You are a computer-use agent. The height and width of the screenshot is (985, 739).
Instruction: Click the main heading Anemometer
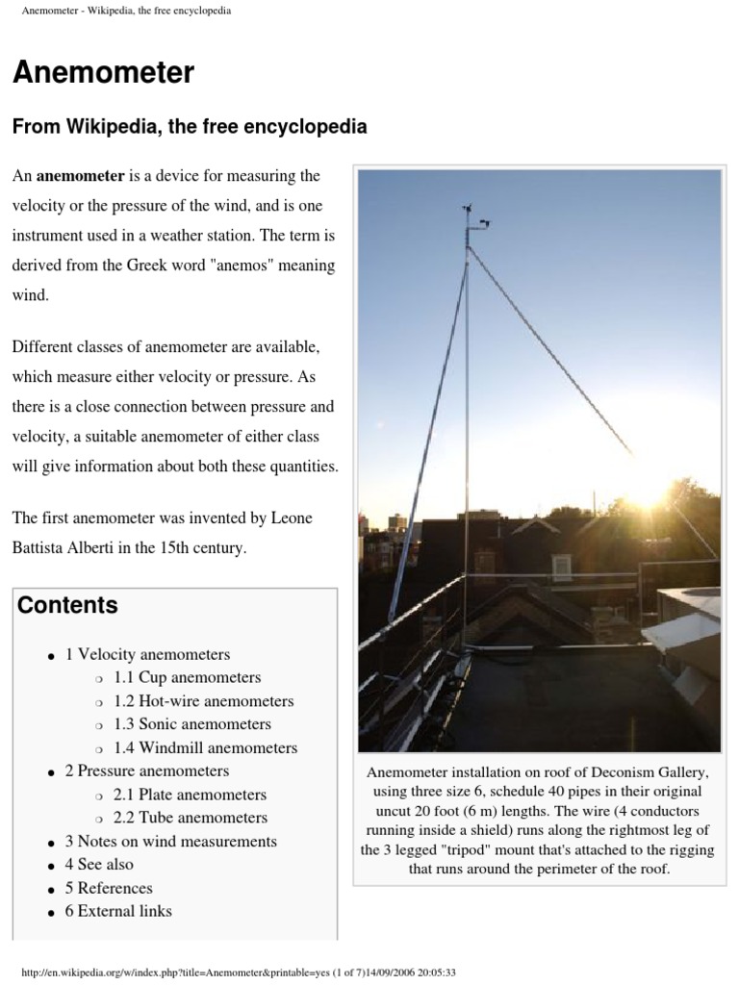(103, 73)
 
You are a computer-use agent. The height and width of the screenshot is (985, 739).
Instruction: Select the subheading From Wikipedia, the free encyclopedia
(189, 127)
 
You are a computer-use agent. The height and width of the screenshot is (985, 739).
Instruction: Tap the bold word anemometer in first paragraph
(81, 176)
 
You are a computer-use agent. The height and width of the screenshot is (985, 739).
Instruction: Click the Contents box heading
(67, 605)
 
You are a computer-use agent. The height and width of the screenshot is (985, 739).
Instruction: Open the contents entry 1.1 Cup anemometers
(187, 677)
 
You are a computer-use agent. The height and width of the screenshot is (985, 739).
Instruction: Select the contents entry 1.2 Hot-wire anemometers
(203, 701)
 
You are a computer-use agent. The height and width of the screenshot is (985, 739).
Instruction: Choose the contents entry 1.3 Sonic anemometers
(191, 724)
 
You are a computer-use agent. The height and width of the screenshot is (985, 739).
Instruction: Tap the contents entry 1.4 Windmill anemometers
(205, 747)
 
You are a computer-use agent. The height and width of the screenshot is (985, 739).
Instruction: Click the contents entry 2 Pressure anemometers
(146, 770)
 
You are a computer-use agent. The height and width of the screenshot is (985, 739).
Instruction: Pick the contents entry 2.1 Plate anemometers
(190, 795)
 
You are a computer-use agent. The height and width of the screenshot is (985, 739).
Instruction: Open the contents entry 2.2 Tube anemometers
(190, 818)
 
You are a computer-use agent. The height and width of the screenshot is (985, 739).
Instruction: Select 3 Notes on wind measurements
(170, 841)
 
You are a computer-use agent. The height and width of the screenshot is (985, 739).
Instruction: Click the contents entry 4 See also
(99, 864)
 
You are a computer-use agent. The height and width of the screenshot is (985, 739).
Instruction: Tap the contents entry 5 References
(109, 888)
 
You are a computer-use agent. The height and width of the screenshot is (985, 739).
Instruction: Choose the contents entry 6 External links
(118, 911)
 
